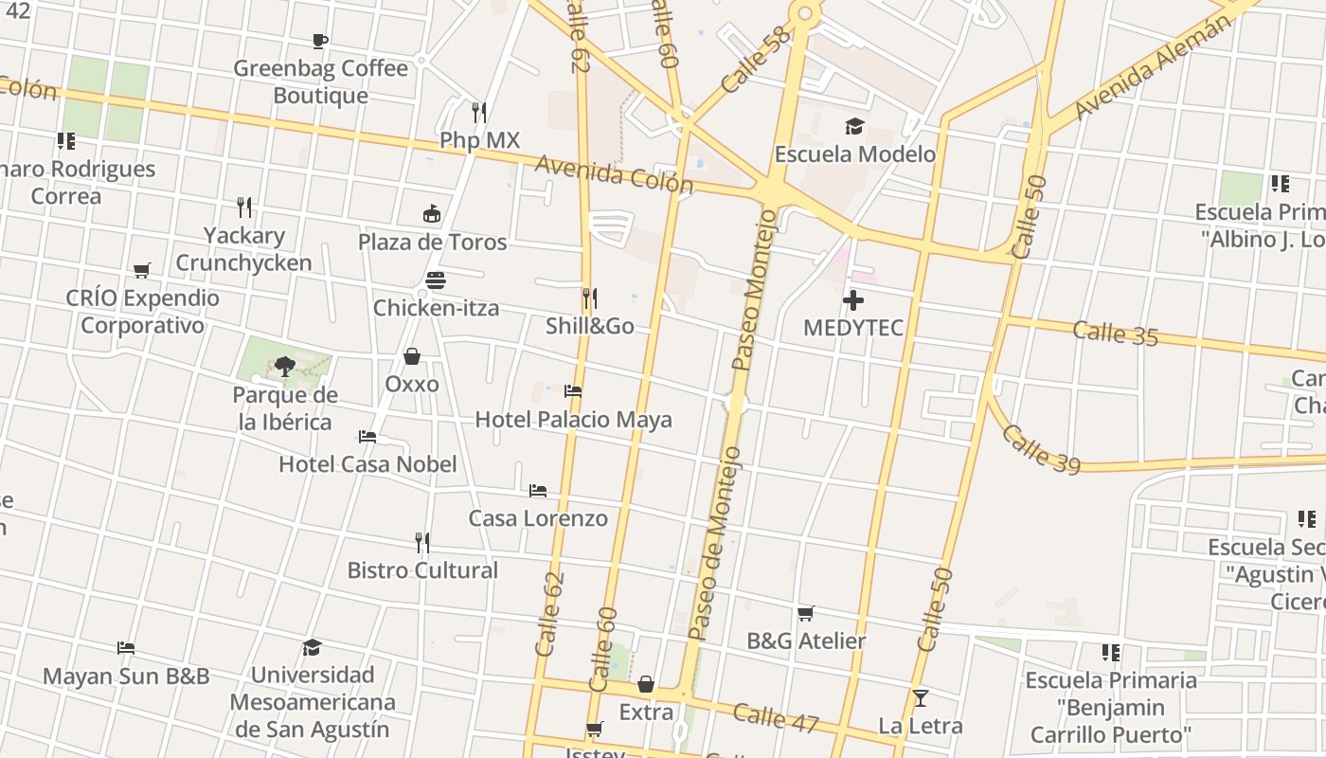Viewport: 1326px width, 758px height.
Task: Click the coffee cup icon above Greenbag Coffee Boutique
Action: tap(320, 41)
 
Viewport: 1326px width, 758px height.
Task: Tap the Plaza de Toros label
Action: tap(432, 242)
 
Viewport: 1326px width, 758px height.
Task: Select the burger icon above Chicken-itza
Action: tap(436, 280)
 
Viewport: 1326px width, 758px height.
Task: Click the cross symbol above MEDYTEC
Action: tap(853, 300)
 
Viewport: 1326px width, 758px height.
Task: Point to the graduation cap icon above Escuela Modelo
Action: tap(854, 126)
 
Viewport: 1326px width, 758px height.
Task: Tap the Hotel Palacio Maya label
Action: tap(573, 419)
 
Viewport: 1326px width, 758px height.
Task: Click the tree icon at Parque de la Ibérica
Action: tap(284, 366)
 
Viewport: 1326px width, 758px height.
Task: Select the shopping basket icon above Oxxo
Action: tap(412, 356)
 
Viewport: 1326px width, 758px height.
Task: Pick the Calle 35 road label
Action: tap(1115, 333)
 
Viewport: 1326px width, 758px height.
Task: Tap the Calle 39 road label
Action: tap(1040, 449)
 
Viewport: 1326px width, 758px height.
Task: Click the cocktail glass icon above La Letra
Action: tap(920, 698)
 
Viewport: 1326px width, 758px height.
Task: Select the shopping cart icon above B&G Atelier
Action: tap(805, 613)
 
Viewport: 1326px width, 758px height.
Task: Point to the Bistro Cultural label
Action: tap(422, 570)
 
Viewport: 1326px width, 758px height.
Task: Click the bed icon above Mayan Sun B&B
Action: tap(126, 648)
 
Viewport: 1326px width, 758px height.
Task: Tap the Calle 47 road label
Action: tap(775, 717)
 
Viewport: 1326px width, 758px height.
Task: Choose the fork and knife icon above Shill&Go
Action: tap(589, 298)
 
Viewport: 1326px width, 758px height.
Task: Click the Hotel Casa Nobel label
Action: tap(367, 464)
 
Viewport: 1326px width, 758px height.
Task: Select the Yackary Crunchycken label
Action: tap(243, 249)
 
